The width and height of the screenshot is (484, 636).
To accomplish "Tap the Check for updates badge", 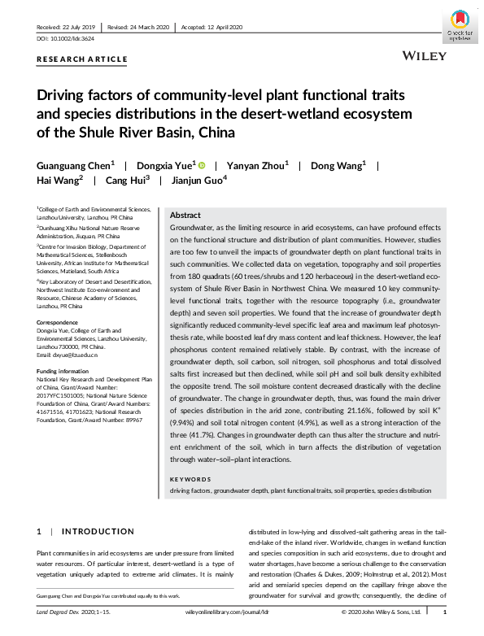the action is pyautogui.click(x=458, y=28).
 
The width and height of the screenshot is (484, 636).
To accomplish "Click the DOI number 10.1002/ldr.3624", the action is pyautogui.click(x=72, y=39).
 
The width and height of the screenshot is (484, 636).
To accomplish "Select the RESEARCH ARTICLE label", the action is pyautogui.click(x=82, y=59).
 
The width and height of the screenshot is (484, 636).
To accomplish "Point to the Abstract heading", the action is pyautogui.click(x=185, y=216).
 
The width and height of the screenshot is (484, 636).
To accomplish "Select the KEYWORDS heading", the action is pyautogui.click(x=189, y=480).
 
